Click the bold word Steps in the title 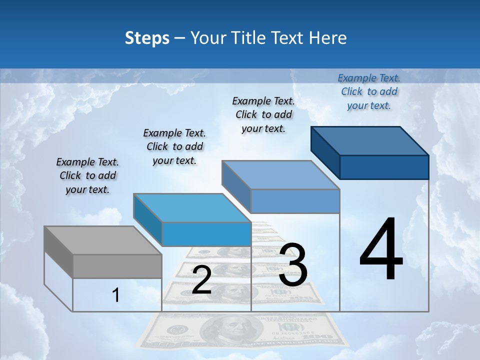pos(147,38)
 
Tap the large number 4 pos(381,249)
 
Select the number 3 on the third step pos(292,265)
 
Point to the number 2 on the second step pos(201,280)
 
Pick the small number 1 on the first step pos(115,295)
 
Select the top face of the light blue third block pos(280,175)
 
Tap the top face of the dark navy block pos(370,141)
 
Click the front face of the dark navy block pos(384,167)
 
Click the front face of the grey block pos(117,266)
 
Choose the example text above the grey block pos(87,176)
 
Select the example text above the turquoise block pos(174,147)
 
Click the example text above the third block pos(263,115)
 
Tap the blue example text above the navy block pos(369,92)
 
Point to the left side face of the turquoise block pos(148,219)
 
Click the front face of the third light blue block pos(295,201)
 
